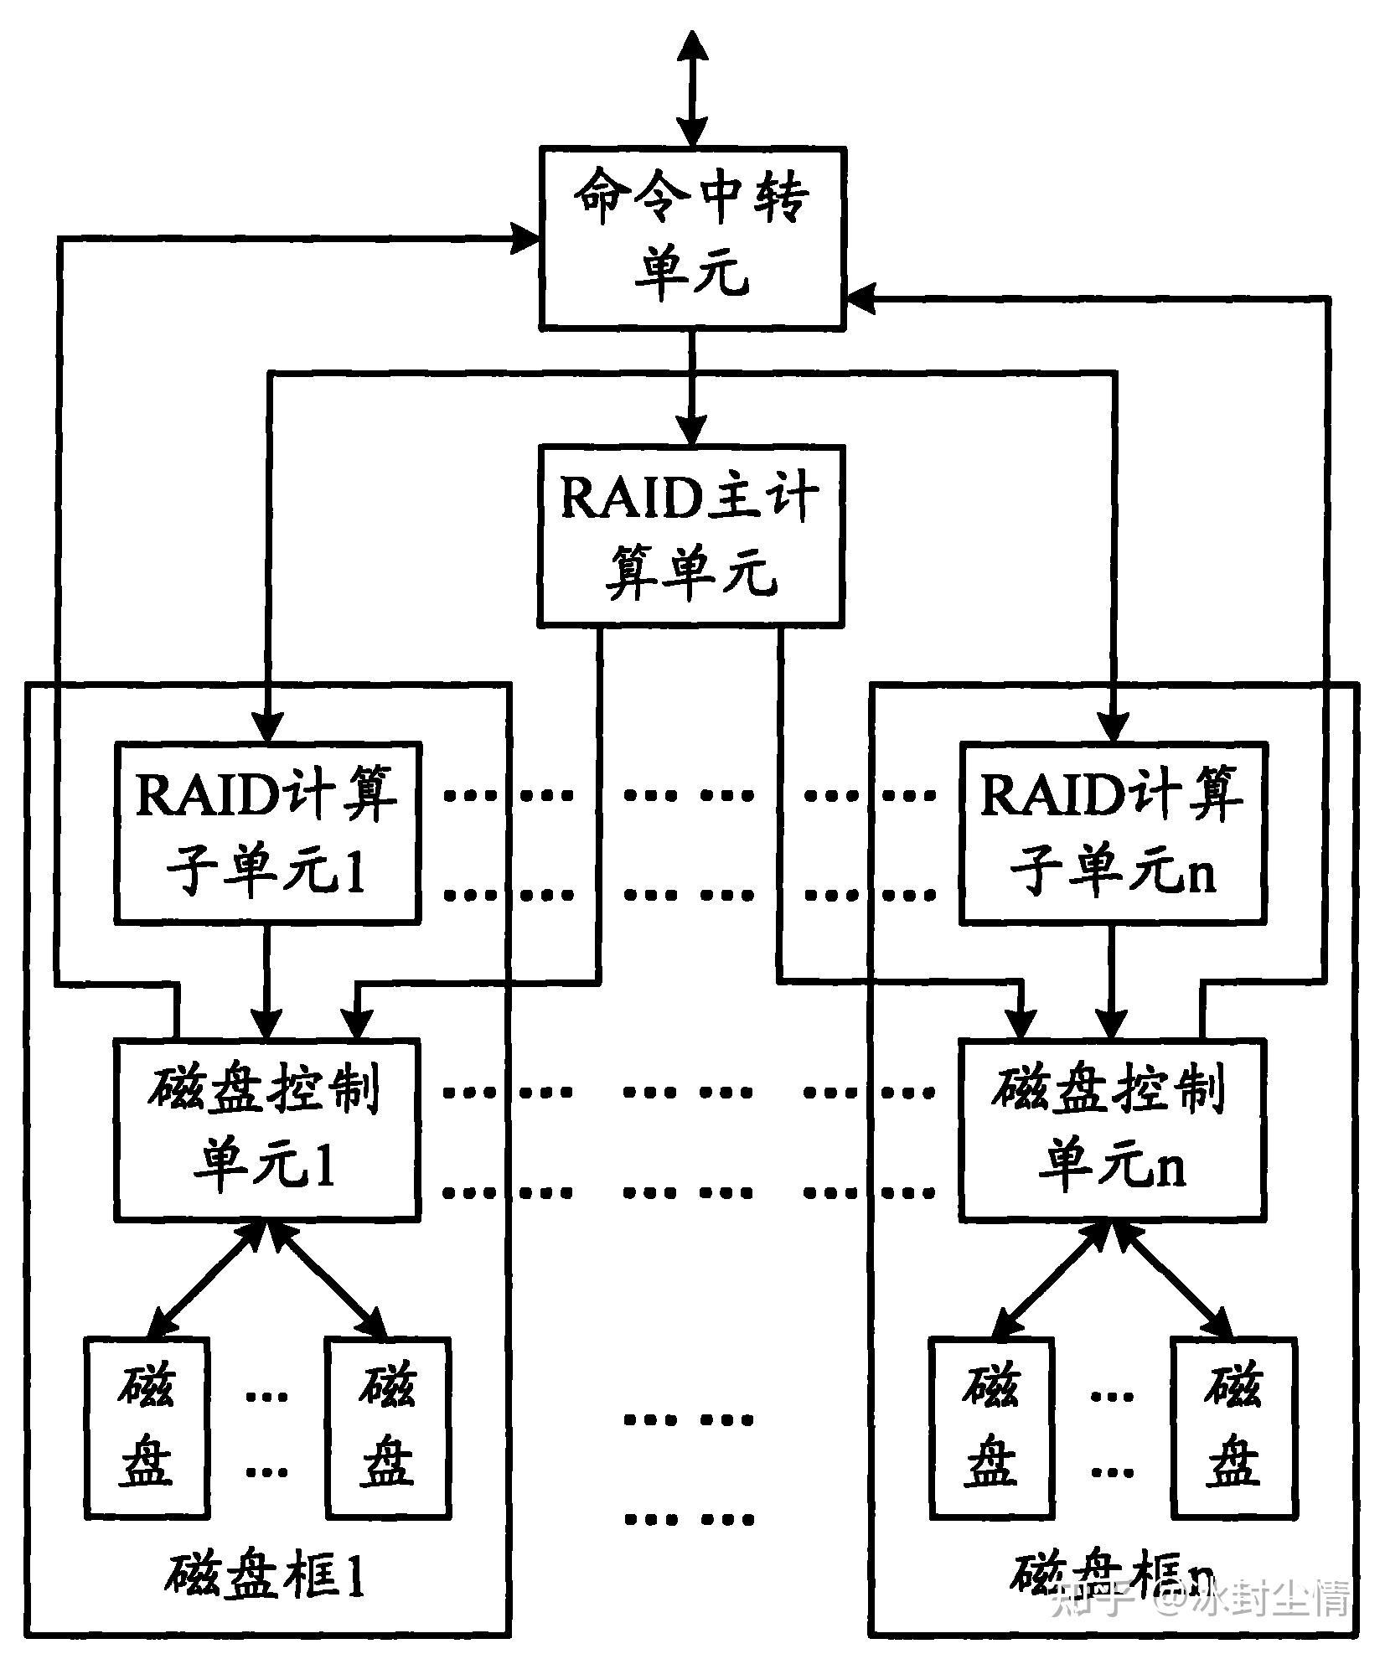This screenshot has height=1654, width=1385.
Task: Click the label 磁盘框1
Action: (x=265, y=1575)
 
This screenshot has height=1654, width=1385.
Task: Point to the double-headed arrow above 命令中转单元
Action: (x=692, y=88)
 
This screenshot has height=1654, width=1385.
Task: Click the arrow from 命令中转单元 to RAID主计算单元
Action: (x=691, y=386)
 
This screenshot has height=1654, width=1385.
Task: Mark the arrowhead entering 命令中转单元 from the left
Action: (x=525, y=238)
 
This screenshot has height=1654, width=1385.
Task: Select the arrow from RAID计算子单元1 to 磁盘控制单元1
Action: (x=267, y=981)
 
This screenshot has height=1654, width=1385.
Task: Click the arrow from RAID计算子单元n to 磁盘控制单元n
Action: (x=1113, y=981)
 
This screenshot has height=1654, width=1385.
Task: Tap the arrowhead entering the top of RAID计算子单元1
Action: (x=267, y=726)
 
